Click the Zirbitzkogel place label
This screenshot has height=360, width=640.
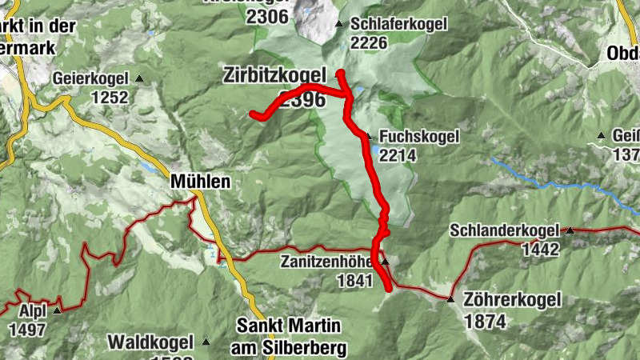pos(274,77)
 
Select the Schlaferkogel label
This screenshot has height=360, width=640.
pos(398,25)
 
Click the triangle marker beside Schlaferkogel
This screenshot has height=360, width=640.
pos(340,24)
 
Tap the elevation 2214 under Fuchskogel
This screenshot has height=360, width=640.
pos(398,156)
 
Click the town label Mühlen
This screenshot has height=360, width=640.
pos(200,182)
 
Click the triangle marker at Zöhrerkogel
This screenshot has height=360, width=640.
pos(450,300)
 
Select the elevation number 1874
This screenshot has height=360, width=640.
pos(484,322)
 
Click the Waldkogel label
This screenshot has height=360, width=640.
pos(153,342)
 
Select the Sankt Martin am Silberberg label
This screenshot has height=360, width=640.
pos(289,337)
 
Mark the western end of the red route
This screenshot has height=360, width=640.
pos(254,114)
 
